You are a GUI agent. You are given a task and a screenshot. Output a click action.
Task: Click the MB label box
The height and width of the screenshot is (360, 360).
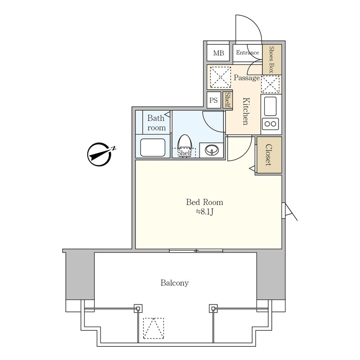tap(218, 53)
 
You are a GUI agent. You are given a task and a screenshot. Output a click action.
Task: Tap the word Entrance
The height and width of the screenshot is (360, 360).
tap(247, 53)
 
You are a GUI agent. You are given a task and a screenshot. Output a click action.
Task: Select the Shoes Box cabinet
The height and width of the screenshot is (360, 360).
tap(272, 59)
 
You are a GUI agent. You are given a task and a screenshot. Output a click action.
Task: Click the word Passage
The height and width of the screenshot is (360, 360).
tap(247, 78)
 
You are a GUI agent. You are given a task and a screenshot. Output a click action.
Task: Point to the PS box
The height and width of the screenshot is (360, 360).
tap(213, 100)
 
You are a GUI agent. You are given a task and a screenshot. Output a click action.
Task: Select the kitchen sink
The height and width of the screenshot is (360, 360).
tap(271, 104)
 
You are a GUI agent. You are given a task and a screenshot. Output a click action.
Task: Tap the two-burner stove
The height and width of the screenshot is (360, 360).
tap(271, 123)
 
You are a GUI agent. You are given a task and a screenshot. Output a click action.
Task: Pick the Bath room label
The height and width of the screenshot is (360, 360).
tap(156, 123)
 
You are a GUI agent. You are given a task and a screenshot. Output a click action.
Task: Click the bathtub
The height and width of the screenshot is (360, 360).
tap(153, 147)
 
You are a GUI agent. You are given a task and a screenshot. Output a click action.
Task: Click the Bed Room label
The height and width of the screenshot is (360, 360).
tap(205, 202)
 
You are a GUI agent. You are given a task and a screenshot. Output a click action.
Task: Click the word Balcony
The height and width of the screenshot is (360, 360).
tap(175, 283)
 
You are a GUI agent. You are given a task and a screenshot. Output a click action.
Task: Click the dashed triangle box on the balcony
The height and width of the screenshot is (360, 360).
tap(154, 328)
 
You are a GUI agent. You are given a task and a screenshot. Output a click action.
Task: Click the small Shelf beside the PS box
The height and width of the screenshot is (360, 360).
tap(228, 100)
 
